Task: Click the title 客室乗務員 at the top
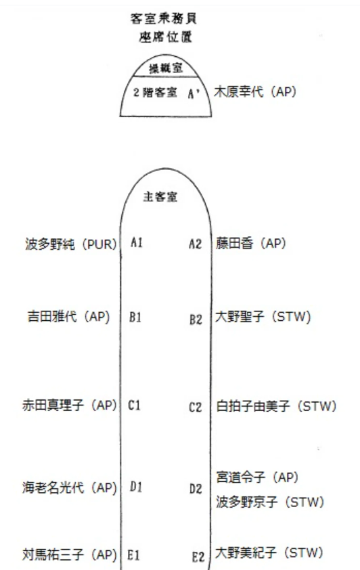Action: [164, 18]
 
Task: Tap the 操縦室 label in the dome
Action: [166, 68]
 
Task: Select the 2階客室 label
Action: [155, 92]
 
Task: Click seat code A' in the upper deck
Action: [194, 93]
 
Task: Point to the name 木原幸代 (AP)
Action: [255, 91]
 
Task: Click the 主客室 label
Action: [160, 197]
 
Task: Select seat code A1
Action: [137, 242]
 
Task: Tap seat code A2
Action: [195, 244]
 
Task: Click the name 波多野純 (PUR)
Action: [71, 244]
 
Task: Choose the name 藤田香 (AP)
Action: [250, 243]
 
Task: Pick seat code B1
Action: [135, 317]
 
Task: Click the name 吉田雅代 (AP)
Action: [68, 316]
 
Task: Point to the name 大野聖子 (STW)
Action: [263, 317]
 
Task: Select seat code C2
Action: [195, 407]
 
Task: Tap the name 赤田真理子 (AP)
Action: [70, 405]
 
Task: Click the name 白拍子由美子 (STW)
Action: [276, 405]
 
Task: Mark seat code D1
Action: [136, 487]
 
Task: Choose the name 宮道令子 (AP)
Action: [257, 477]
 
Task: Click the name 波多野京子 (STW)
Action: [270, 502]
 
